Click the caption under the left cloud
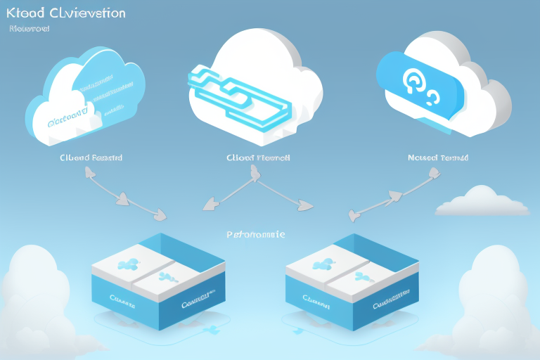91,158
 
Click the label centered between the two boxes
256,234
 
